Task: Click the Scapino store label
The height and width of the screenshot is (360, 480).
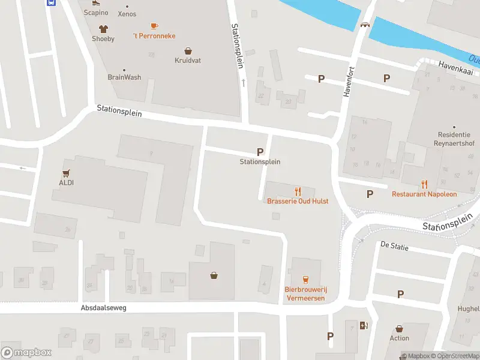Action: click(96, 13)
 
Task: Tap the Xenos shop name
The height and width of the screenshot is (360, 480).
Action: click(127, 14)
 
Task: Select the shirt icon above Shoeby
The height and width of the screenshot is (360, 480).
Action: click(103, 28)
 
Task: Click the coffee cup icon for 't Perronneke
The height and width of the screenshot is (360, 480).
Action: click(154, 26)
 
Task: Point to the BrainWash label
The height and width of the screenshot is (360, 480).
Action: click(124, 77)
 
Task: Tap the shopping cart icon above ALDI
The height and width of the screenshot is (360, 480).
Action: click(66, 173)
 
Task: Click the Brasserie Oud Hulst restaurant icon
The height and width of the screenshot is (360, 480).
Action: click(298, 191)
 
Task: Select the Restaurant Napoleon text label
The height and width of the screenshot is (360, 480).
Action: click(424, 194)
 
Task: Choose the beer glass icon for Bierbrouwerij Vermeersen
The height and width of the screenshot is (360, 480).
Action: click(305, 279)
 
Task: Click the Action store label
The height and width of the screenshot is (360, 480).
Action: click(399, 338)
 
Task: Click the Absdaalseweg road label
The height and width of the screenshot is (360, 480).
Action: click(104, 307)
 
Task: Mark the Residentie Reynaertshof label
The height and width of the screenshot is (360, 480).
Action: click(454, 139)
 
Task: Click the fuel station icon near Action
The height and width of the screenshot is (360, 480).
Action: click(363, 326)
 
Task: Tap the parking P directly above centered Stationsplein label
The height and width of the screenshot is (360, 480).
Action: click(260, 152)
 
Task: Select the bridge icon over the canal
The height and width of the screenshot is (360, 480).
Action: click(364, 25)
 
